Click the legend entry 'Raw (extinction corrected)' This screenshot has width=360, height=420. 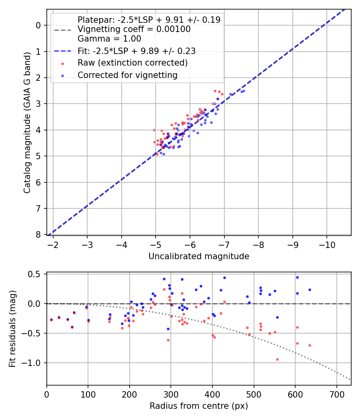click(x=132, y=63)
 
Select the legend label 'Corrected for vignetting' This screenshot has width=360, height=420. click(x=128, y=75)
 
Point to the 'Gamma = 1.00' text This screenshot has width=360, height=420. click(x=109, y=39)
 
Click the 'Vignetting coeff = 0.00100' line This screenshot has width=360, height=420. click(x=134, y=29)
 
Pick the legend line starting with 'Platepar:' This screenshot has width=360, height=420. click(x=149, y=20)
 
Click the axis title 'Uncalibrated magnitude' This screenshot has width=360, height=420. click(x=199, y=256)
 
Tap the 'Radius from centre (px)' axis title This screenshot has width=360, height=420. click(x=199, y=406)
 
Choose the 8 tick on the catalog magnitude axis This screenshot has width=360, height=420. click(x=38, y=234)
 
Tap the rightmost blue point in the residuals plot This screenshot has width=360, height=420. click(x=310, y=290)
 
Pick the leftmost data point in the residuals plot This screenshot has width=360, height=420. click(x=51, y=320)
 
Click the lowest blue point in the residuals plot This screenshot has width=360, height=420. click(x=168, y=329)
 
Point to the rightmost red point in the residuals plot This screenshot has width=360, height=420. click(x=310, y=345)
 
